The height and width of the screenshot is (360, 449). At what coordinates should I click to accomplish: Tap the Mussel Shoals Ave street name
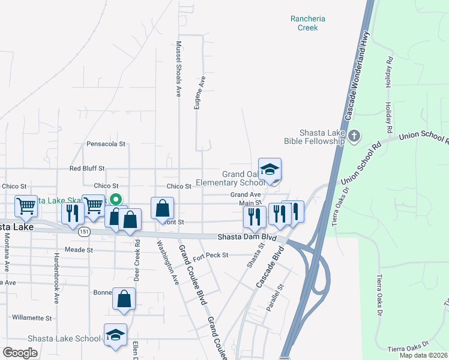[x=178, y=69]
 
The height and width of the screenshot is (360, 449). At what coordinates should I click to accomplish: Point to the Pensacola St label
[x=106, y=144]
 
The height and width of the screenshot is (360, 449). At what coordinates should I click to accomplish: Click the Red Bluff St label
[x=87, y=169]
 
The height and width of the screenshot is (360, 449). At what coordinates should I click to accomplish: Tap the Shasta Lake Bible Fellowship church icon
[x=354, y=136]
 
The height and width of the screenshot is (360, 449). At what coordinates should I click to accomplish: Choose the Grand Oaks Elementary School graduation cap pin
[x=270, y=170]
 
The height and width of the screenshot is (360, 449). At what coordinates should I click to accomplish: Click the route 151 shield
[x=84, y=232]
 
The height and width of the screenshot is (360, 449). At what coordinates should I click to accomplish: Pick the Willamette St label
[x=32, y=318]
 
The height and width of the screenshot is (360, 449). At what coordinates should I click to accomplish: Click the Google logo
[x=20, y=353]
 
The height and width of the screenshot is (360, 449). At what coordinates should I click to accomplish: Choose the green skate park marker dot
[x=116, y=200]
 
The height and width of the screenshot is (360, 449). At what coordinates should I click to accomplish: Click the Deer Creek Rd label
[x=137, y=252]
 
